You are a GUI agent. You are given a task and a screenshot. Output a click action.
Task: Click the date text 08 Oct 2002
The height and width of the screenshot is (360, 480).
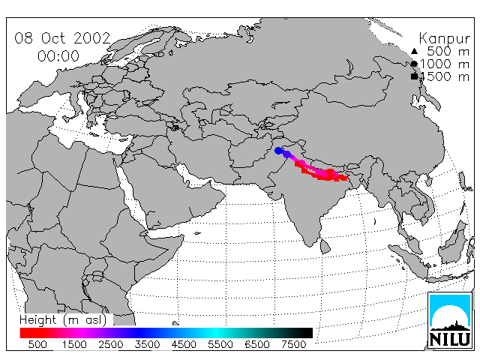(x=62, y=38)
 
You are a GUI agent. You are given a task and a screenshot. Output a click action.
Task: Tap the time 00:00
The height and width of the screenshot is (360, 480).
(x=58, y=56)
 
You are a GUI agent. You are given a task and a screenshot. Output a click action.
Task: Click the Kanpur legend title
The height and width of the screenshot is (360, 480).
(x=444, y=39)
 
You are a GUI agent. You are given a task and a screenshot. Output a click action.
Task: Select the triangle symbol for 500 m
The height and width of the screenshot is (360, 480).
(x=414, y=51)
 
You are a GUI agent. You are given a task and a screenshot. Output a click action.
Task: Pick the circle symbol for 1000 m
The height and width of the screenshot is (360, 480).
(x=414, y=64)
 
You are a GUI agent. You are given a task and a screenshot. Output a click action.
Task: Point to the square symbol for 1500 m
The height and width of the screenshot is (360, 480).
(x=414, y=76)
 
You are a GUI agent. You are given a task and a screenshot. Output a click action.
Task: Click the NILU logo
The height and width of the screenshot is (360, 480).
(x=450, y=320)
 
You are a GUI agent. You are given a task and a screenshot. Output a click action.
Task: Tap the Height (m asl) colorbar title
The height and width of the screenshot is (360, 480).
(x=63, y=320)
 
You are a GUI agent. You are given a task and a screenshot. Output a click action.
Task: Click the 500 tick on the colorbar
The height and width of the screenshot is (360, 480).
(x=37, y=344)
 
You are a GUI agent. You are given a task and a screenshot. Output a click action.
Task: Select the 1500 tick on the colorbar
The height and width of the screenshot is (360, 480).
(x=74, y=344)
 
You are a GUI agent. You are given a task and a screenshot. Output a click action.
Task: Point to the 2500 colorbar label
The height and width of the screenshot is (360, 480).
(x=111, y=344)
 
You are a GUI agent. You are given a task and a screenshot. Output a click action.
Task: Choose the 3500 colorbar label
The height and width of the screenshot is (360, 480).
(x=147, y=344)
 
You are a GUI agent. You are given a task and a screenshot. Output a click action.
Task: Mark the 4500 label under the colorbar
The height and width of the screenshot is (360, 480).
(x=184, y=344)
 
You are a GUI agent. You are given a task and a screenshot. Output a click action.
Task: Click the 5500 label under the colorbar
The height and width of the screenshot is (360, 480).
(x=220, y=344)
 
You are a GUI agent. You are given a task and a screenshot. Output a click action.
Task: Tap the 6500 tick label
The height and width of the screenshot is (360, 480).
(x=257, y=344)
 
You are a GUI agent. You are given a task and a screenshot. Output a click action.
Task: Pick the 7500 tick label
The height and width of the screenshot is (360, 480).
(x=293, y=344)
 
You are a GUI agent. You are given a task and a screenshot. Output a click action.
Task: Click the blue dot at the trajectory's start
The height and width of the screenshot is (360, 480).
(x=278, y=151)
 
